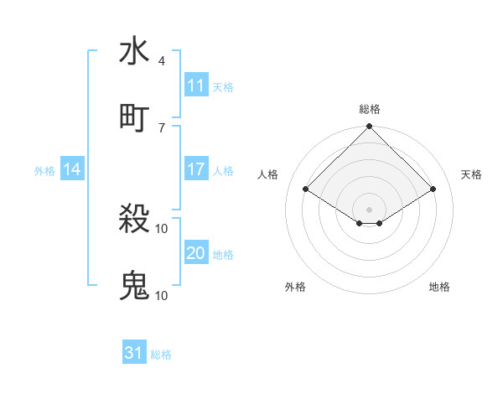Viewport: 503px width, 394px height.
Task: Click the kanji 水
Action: point(134,52)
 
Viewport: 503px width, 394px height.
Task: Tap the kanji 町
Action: point(134,117)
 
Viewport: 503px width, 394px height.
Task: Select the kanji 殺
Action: point(134,220)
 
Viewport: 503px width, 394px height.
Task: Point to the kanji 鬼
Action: point(134,286)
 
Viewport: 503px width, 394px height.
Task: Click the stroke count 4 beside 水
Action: point(161,61)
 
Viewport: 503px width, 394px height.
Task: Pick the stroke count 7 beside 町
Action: point(161,127)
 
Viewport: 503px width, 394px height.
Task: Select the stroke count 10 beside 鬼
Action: point(162,295)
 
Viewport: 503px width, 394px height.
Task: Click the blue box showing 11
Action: point(196,86)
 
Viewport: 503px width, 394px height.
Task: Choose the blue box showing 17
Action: point(196,169)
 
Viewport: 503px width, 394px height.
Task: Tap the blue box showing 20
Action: point(196,253)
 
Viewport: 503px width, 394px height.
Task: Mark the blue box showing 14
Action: point(72,169)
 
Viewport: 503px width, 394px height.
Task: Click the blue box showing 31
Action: point(134,353)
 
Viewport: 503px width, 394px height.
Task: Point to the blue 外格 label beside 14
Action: point(44,170)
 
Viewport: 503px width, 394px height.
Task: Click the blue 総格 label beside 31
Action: point(161,355)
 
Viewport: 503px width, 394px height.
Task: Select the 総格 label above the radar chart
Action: point(370,109)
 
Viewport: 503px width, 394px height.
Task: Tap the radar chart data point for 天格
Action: point(433,189)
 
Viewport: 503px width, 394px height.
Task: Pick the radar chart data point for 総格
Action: point(370,127)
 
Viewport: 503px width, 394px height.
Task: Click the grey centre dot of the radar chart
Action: point(370,209)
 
